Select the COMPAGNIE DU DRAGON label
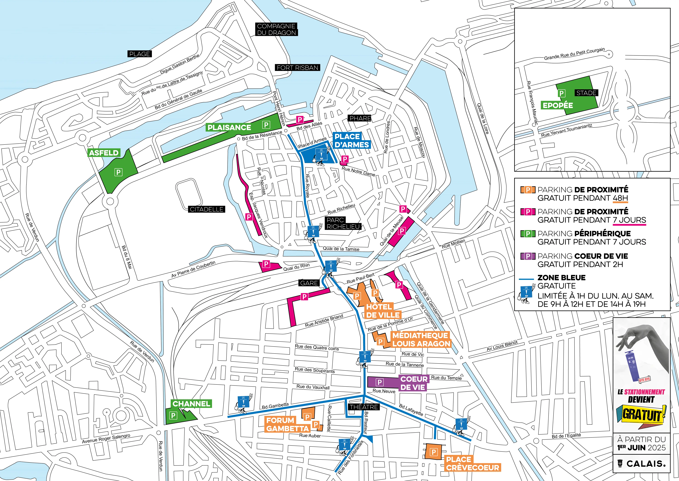pos(276,29)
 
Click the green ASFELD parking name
pos(104,153)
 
